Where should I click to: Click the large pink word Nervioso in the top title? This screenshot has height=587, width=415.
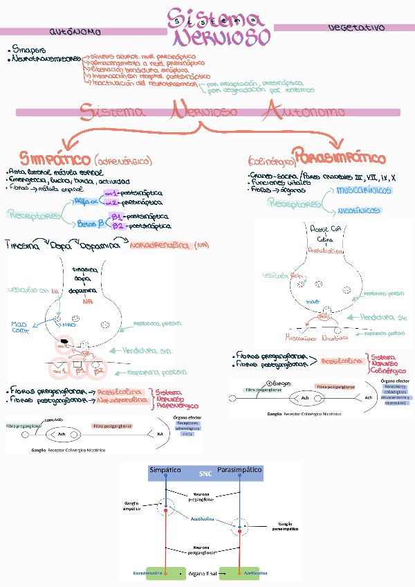coord(219,37)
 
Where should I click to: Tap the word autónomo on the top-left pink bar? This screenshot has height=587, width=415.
coord(75,32)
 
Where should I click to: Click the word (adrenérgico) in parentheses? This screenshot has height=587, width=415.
coord(122,161)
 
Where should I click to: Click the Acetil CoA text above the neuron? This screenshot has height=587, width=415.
coord(324,228)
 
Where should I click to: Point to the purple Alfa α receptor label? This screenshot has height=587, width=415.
coord(86,199)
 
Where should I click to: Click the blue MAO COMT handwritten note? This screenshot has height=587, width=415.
coord(21,327)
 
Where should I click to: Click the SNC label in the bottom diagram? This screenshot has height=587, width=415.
coord(205,473)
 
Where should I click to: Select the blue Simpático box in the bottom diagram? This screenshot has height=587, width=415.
coord(165,471)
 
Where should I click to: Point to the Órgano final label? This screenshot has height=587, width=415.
coord(202,574)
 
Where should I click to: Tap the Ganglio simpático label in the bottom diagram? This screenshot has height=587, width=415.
coord(131,505)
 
